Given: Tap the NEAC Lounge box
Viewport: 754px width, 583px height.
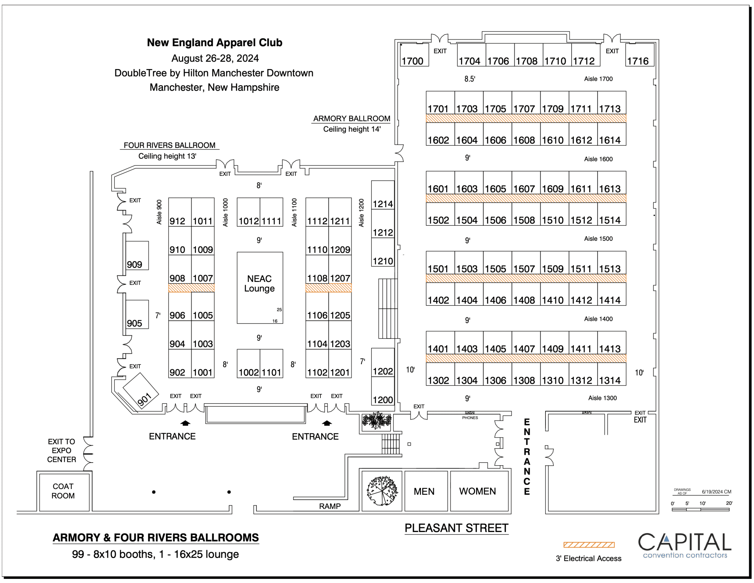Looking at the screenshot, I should [x=260, y=288].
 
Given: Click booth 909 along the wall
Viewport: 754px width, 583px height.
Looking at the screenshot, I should [x=137, y=255].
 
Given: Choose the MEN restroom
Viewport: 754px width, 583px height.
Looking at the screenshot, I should [x=425, y=491].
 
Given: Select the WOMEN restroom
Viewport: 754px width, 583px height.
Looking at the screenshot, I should [x=478, y=491].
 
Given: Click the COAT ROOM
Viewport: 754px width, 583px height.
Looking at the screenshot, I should [x=63, y=491].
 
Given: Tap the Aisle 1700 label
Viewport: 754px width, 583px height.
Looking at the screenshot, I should [x=598, y=79].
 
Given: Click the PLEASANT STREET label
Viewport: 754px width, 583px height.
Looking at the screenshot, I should [x=457, y=528].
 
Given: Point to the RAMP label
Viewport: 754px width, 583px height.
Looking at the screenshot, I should [x=330, y=506].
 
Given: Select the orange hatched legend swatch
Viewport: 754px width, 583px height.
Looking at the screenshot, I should [x=589, y=545].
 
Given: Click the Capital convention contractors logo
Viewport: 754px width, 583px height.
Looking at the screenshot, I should [x=685, y=545].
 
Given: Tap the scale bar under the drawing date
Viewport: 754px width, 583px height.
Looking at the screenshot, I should [x=700, y=509].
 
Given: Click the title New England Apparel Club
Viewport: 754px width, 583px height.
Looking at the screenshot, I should [x=215, y=43].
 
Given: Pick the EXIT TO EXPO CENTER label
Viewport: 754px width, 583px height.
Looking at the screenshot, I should [x=61, y=450].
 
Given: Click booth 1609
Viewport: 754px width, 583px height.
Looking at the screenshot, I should [x=554, y=183].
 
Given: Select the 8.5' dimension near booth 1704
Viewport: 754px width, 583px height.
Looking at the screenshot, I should [x=470, y=79].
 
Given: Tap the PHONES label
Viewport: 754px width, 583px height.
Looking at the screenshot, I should [x=470, y=418].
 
